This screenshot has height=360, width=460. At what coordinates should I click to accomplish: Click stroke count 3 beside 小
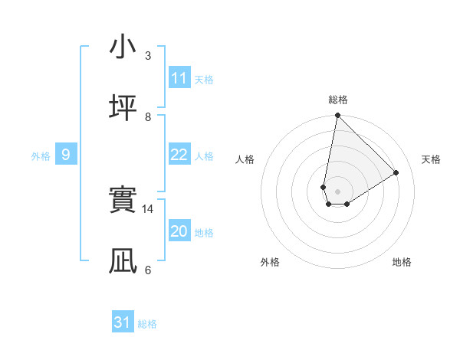tap(148, 56)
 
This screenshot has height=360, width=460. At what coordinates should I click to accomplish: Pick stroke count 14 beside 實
tap(149, 208)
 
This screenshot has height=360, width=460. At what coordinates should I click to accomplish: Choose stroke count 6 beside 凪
tap(148, 270)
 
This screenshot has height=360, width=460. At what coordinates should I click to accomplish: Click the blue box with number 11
tap(179, 78)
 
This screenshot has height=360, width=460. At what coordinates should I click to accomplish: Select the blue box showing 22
tap(179, 155)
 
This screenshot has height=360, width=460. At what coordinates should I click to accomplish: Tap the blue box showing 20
tap(179, 231)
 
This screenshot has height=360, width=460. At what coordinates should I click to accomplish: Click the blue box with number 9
tap(66, 155)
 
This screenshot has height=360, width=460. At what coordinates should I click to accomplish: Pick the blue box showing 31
tap(123, 322)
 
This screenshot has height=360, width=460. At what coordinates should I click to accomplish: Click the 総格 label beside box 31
tap(148, 324)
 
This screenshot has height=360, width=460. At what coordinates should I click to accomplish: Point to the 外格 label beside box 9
tap(41, 156)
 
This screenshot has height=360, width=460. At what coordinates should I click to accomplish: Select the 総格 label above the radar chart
tap(338, 100)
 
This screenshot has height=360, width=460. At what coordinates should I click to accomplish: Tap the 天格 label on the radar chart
tap(431, 159)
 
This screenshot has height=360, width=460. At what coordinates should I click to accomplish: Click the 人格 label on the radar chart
tap(245, 159)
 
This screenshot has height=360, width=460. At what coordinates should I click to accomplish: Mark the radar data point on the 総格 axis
tap(337, 116)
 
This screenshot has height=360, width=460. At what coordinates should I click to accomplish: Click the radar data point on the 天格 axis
tap(396, 172)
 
